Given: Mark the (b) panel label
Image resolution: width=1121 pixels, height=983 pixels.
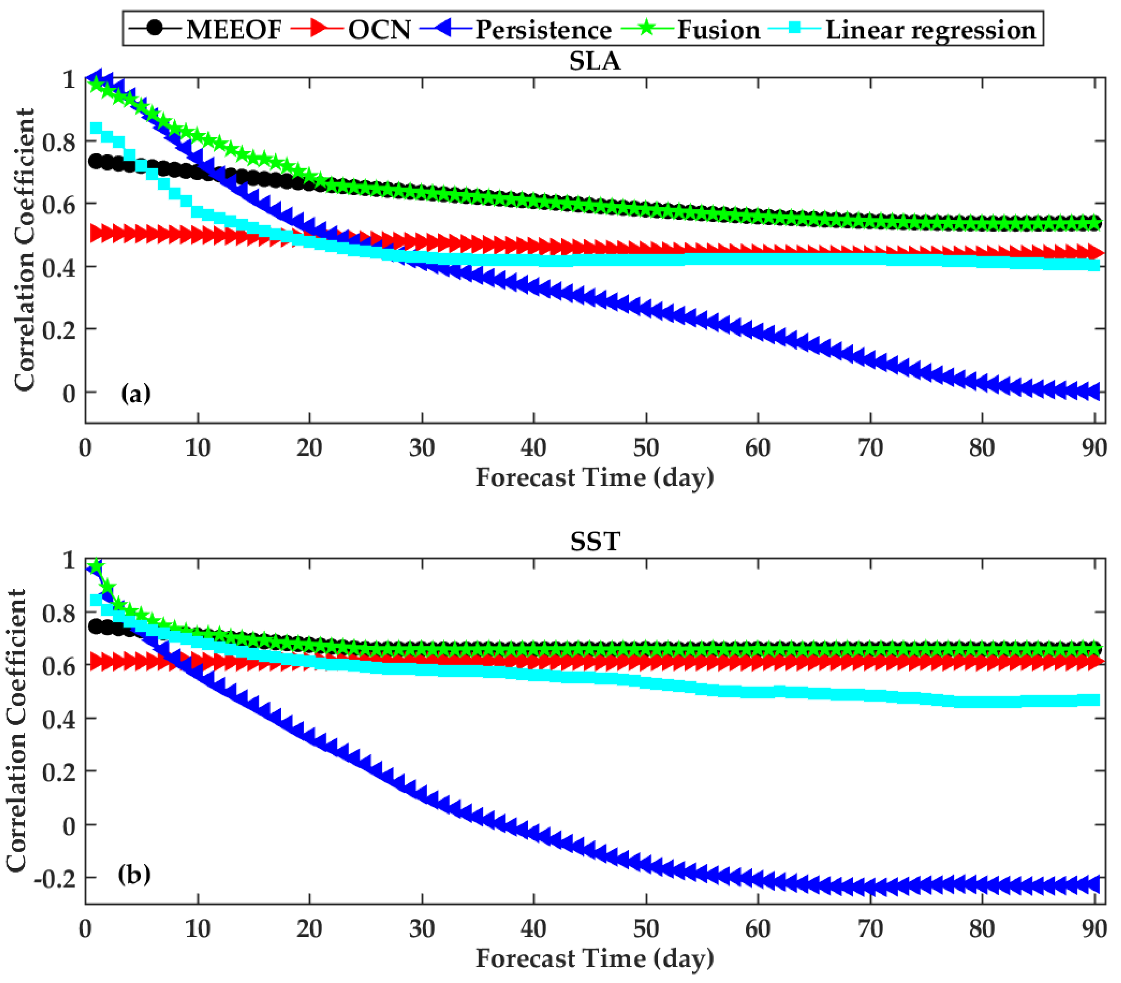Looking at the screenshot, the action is pyautogui.click(x=134, y=874).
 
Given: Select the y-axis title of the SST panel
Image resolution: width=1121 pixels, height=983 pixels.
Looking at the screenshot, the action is pyautogui.click(x=17, y=730).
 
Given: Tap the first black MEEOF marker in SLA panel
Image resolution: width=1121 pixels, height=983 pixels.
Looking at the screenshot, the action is pyautogui.click(x=96, y=161).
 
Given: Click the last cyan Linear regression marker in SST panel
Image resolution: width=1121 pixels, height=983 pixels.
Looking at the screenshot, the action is pyautogui.click(x=1094, y=700).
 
